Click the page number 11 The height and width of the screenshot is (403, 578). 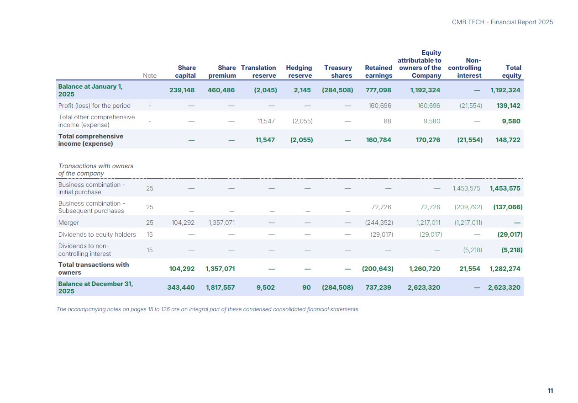pyautogui.click(x=550, y=391)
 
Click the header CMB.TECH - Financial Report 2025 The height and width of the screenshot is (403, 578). pyautogui.click(x=502, y=22)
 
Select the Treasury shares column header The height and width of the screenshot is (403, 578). pyautogui.click(x=338, y=72)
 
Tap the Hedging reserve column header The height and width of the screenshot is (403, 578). pyautogui.click(x=299, y=72)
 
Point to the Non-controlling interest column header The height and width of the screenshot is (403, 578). pyautogui.click(x=465, y=68)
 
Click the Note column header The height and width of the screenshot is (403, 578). pyautogui.click(x=150, y=75)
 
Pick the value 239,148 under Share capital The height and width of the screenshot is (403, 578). pyautogui.click(x=182, y=90)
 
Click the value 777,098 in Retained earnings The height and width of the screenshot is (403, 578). pyautogui.click(x=378, y=90)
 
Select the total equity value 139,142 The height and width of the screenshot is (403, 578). pyautogui.click(x=508, y=106)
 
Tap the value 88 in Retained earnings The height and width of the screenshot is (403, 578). pyautogui.click(x=387, y=121)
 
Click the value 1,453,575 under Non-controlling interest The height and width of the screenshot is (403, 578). pyautogui.click(x=467, y=188)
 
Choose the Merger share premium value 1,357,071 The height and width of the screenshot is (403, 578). pyautogui.click(x=221, y=223)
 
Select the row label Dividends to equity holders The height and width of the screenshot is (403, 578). pyautogui.click(x=97, y=234)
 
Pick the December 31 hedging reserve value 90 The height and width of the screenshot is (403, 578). pyautogui.click(x=306, y=287)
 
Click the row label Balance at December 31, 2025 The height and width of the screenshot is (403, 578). pyautogui.click(x=95, y=287)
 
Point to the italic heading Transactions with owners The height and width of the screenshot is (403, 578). pyautogui.click(x=96, y=170)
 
